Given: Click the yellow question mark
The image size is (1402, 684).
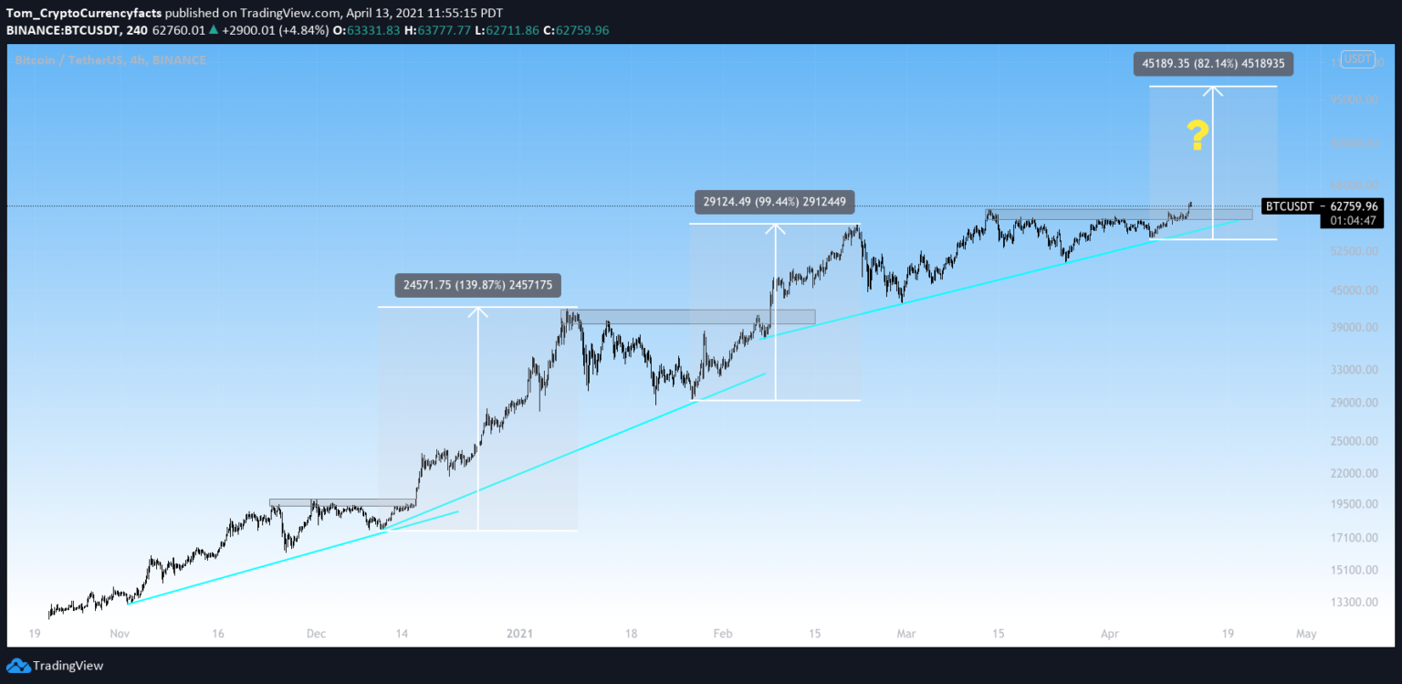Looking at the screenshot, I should pos(1198,136).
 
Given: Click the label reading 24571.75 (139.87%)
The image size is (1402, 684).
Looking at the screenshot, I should pos(478,284).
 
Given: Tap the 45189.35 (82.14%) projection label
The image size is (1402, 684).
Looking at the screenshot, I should pos(1213,64).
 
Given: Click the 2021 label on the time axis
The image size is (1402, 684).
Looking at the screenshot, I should pos(519,633).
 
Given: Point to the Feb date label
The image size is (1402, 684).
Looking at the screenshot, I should pos(722,633).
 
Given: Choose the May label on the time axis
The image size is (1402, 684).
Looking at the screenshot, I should pos(1306,633).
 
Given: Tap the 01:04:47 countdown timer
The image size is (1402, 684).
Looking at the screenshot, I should pos(1353,221).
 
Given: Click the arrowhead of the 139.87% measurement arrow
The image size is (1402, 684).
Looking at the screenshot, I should pos(478,311).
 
